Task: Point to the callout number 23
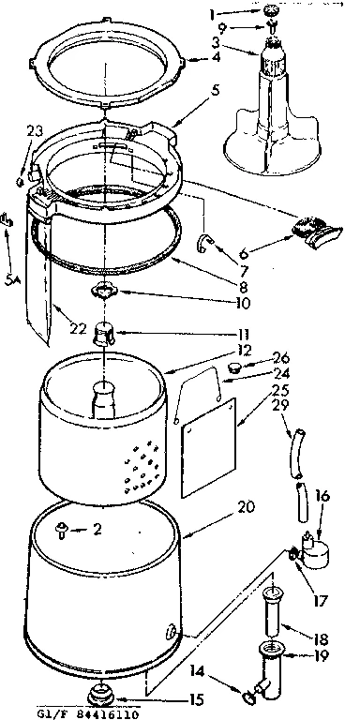pyautogui.click(x=35, y=132)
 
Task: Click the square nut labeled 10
pyautogui.click(x=107, y=294)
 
